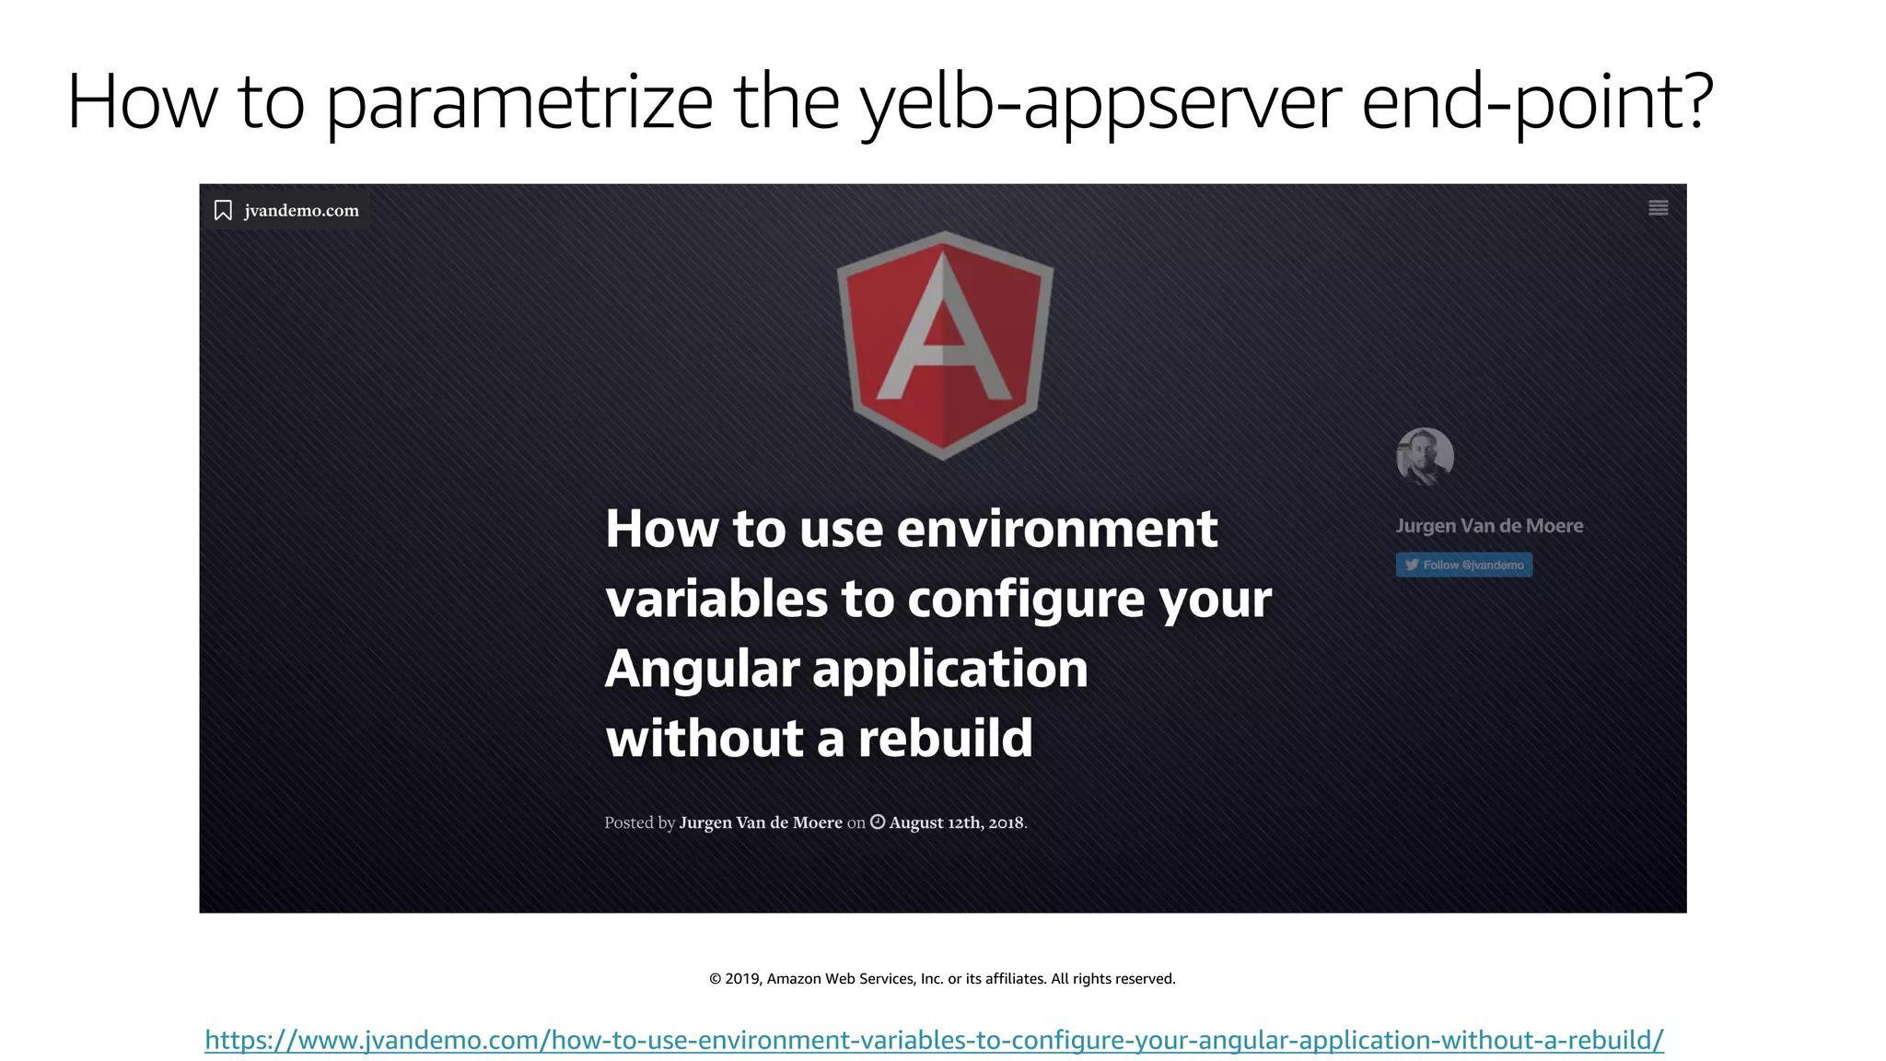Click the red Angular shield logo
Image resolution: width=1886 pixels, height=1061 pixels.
(x=944, y=344)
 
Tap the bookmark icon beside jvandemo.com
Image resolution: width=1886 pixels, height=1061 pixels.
(x=223, y=211)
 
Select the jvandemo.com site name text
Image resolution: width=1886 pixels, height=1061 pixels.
(x=301, y=211)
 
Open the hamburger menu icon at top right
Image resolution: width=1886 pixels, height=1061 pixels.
(x=1658, y=208)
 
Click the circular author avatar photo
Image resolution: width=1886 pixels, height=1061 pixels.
(x=1425, y=456)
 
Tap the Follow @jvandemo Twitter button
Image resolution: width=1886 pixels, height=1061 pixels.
(x=1463, y=565)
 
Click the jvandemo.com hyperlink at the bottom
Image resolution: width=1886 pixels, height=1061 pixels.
(x=934, y=1040)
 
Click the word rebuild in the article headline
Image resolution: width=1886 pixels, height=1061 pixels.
(x=945, y=739)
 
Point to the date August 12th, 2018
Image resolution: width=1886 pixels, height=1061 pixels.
(x=956, y=822)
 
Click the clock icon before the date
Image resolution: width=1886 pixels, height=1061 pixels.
(x=878, y=822)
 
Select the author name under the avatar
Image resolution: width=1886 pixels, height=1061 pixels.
(x=1489, y=526)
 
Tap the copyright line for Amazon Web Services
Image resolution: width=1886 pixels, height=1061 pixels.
(x=942, y=978)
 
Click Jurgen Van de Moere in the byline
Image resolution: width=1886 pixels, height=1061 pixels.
(x=761, y=822)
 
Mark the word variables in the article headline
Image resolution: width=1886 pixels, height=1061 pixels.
(x=716, y=599)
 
